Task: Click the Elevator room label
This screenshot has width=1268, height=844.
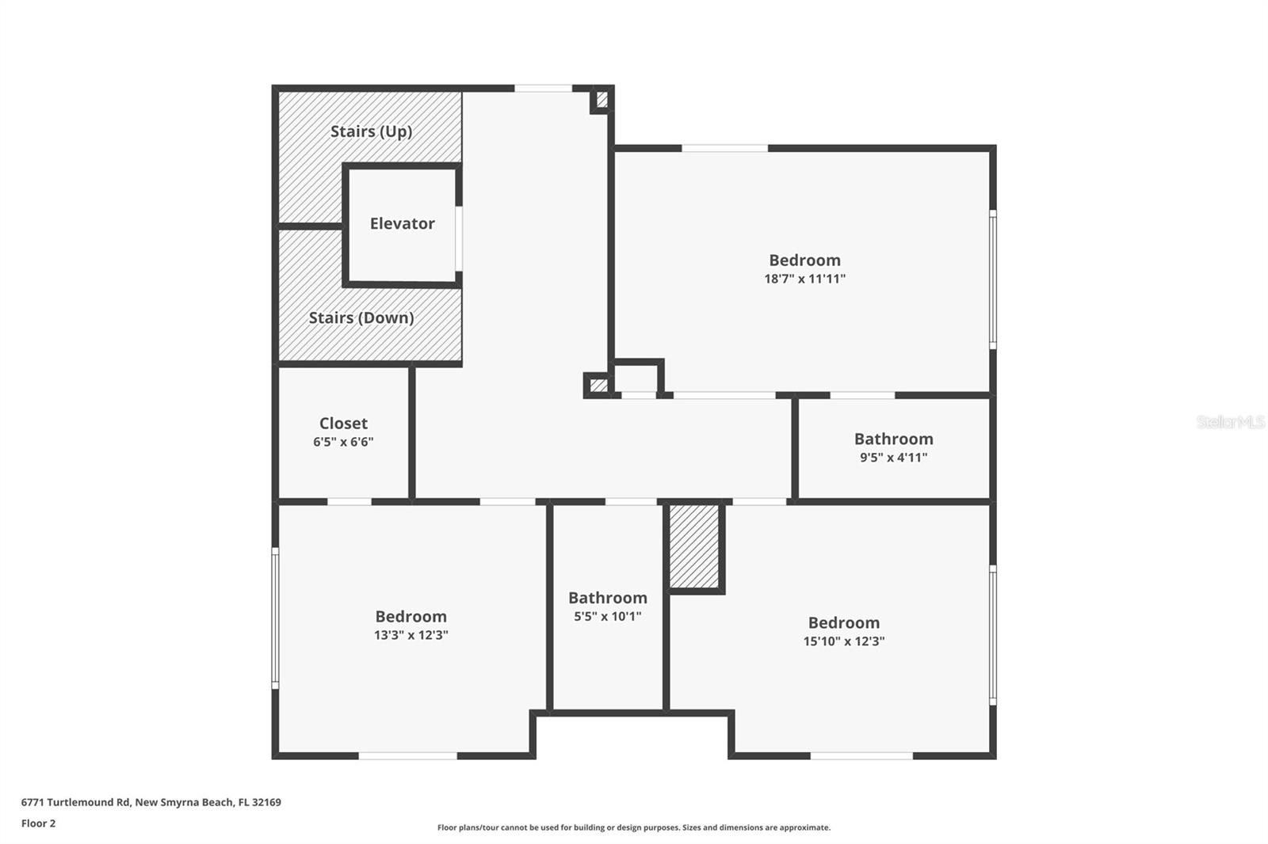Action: pyautogui.click(x=402, y=223)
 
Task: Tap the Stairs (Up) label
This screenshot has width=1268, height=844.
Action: pyautogui.click(x=371, y=131)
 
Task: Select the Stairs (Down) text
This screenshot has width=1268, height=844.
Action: pyautogui.click(x=361, y=317)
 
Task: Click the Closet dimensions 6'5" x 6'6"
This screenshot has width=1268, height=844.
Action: pyautogui.click(x=343, y=442)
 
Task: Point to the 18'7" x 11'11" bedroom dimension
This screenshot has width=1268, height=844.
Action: pyautogui.click(x=804, y=279)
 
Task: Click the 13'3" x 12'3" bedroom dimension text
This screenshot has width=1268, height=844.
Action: pyautogui.click(x=411, y=635)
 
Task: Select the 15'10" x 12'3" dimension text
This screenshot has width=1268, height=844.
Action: pyautogui.click(x=843, y=641)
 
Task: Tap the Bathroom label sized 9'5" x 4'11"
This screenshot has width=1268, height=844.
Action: pyautogui.click(x=893, y=439)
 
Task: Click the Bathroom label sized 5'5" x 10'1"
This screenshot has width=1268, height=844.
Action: pyautogui.click(x=607, y=598)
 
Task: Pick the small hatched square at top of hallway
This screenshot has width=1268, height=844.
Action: pyautogui.click(x=602, y=100)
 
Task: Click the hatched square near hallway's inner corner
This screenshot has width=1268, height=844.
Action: pyautogui.click(x=598, y=386)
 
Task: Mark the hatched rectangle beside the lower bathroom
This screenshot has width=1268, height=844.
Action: pyautogui.click(x=695, y=546)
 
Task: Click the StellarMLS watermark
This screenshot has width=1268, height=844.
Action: pyautogui.click(x=1230, y=422)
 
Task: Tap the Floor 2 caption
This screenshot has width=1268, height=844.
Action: pyautogui.click(x=38, y=823)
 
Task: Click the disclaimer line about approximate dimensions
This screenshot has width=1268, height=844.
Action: pyautogui.click(x=633, y=827)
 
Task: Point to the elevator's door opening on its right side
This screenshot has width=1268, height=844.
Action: pyautogui.click(x=459, y=238)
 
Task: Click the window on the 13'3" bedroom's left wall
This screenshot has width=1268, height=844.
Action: pyautogui.click(x=275, y=617)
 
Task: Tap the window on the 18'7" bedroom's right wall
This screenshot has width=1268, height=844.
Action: pyautogui.click(x=992, y=279)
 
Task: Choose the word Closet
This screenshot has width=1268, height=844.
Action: pyautogui.click(x=343, y=423)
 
